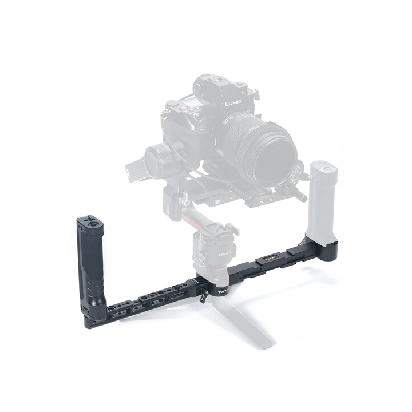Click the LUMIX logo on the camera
click(233, 104)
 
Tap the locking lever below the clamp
click(204, 298)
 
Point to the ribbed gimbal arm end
click(134, 169)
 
